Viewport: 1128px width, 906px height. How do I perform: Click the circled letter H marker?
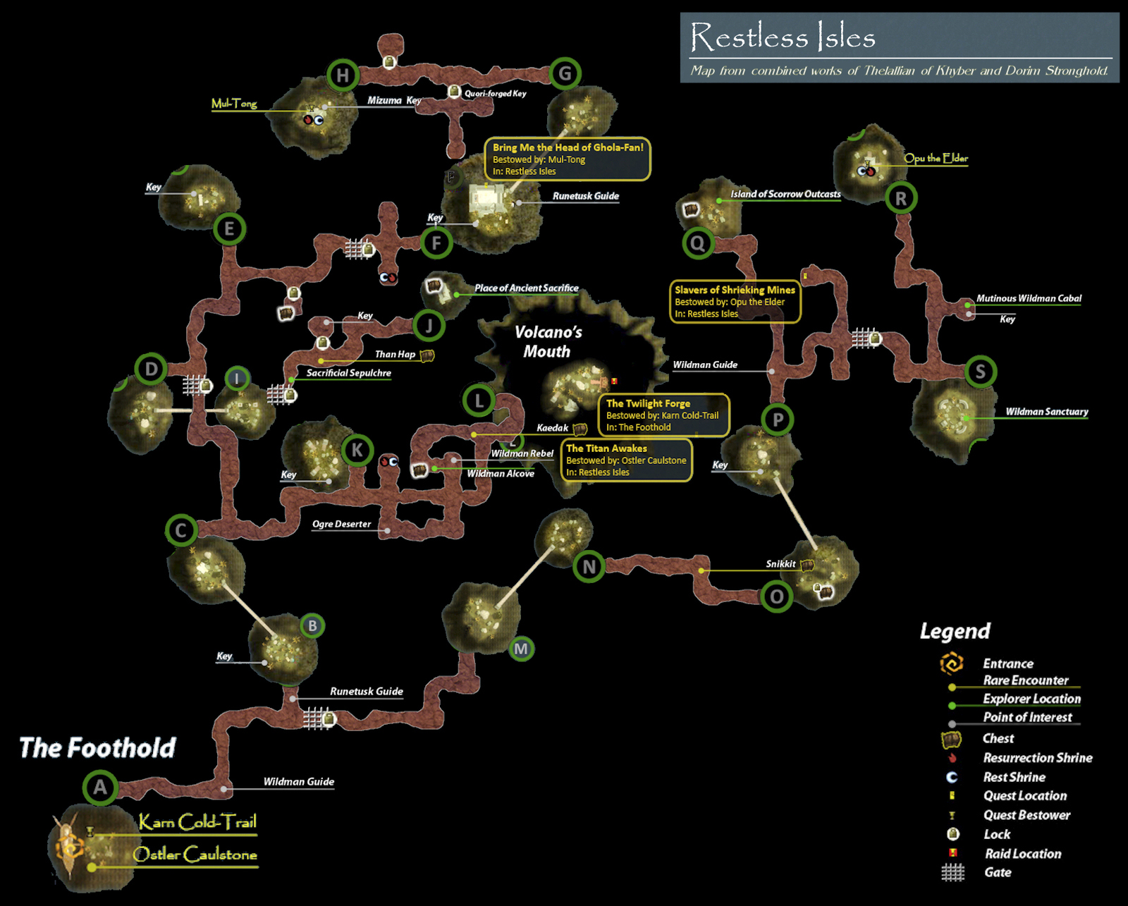[343, 75]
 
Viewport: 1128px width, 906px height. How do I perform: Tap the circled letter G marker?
[565, 73]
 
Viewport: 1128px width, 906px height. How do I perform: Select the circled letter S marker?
[980, 372]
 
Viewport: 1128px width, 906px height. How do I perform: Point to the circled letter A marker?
[100, 787]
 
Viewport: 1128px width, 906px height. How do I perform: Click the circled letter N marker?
[589, 565]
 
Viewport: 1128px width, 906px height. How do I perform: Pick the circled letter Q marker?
[697, 243]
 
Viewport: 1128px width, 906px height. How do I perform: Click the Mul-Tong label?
[234, 104]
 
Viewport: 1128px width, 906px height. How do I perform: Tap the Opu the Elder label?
[936, 158]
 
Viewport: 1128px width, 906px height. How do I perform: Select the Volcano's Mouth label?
[548, 341]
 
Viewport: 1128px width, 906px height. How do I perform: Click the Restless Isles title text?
[783, 37]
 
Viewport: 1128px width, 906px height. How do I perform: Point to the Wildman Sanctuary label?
[1046, 412]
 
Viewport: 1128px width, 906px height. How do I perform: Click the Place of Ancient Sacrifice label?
[526, 288]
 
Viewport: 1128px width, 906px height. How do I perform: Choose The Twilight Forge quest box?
[663, 415]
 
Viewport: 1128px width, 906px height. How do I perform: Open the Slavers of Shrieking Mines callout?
[735, 302]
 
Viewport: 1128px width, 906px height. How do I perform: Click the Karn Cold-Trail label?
[197, 822]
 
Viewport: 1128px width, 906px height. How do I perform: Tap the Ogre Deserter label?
[341, 524]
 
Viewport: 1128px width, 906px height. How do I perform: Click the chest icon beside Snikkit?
[807, 565]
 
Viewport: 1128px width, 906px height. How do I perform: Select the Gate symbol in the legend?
[952, 873]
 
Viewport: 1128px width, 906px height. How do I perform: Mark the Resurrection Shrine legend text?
[1038, 758]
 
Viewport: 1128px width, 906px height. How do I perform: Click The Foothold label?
[97, 747]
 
